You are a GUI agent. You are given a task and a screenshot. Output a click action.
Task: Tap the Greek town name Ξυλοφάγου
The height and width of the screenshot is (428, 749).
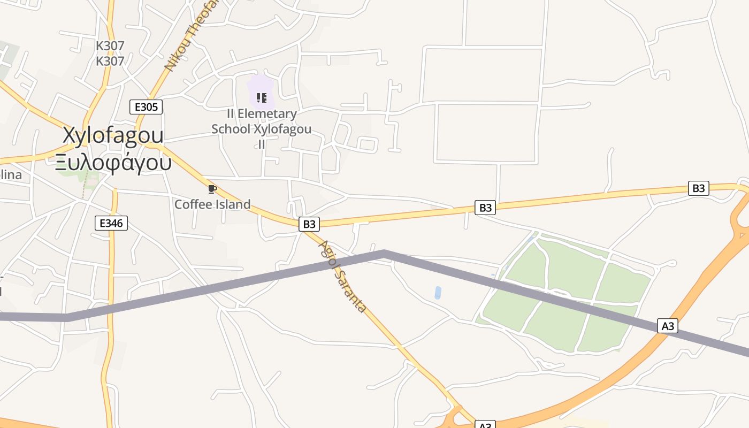pyautogui.click(x=113, y=162)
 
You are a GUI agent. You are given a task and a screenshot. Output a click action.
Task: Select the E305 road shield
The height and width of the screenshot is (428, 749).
pyautogui.click(x=146, y=107)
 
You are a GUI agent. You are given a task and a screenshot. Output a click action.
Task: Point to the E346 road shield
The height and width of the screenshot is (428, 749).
pyautogui.click(x=111, y=223)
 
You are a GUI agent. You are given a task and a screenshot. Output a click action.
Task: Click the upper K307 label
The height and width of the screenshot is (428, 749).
pyautogui.click(x=110, y=46)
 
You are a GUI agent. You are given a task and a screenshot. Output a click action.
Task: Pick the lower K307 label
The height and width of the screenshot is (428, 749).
pyautogui.click(x=110, y=61)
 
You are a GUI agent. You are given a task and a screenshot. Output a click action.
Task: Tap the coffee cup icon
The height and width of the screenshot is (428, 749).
pyautogui.click(x=212, y=189)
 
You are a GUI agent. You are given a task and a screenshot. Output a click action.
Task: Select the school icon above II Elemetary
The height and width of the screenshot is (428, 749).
pyautogui.click(x=261, y=97)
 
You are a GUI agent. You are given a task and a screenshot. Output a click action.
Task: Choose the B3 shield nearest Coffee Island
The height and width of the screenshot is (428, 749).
pyautogui.click(x=309, y=224)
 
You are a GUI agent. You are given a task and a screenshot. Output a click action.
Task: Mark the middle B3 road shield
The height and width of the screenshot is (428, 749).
pyautogui.click(x=485, y=208)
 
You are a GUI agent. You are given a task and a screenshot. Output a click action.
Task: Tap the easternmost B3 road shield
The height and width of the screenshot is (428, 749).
pyautogui.click(x=699, y=188)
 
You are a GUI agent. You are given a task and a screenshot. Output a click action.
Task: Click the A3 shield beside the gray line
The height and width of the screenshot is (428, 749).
pyautogui.click(x=668, y=326)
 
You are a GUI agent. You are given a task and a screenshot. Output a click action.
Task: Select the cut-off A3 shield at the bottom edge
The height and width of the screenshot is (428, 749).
pyautogui.click(x=485, y=425)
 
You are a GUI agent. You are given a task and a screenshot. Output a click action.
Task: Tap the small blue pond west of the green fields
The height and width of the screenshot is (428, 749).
pyautogui.click(x=438, y=293)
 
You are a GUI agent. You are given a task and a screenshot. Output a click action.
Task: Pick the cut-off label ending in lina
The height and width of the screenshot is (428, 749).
pyautogui.click(x=11, y=175)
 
